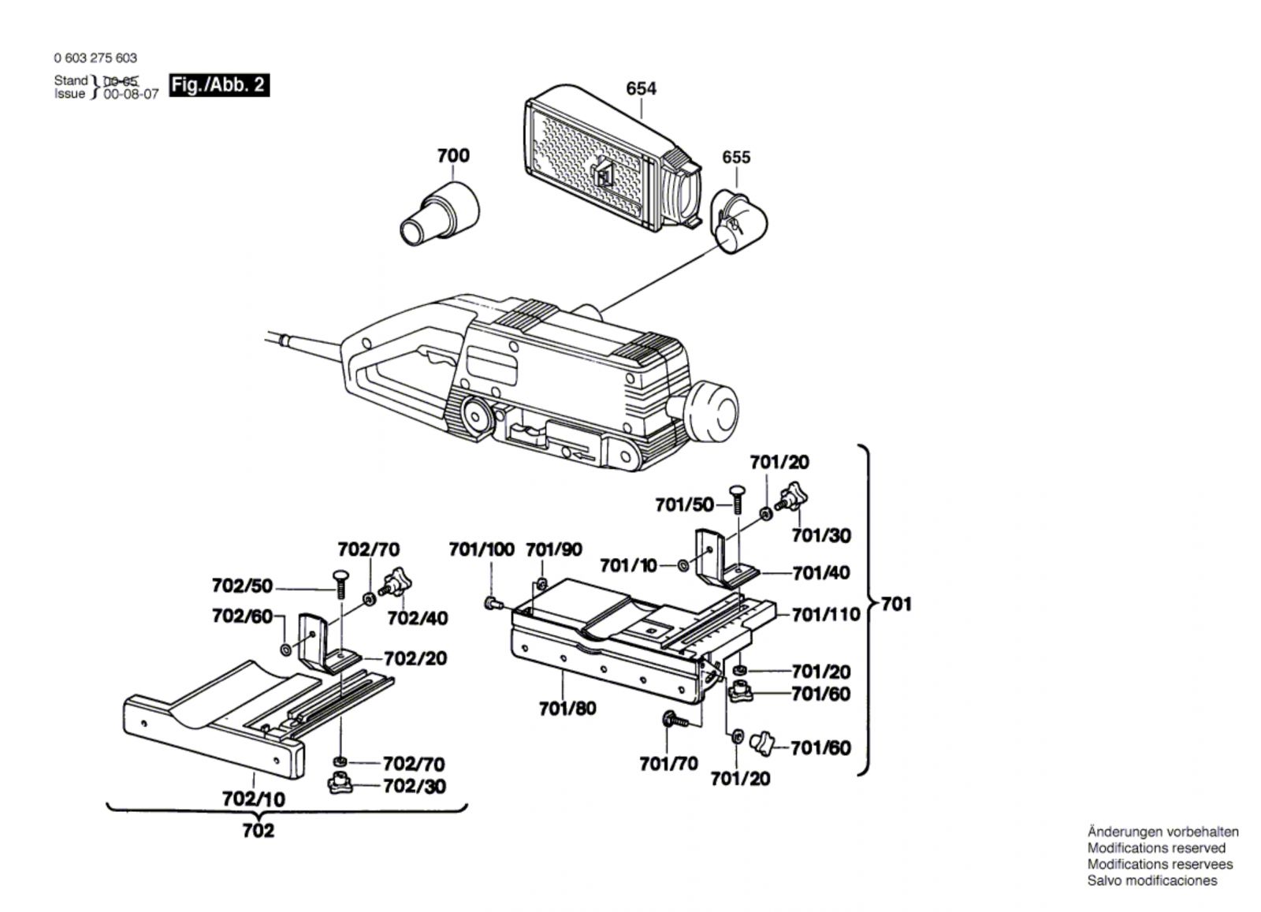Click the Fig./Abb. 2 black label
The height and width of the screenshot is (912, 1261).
coord(219,85)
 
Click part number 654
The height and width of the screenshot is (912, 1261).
coord(641,89)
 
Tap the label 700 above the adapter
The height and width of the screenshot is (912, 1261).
coord(453,155)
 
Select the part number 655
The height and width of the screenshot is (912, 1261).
coord(736,157)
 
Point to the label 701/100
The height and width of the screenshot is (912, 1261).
coord(482,549)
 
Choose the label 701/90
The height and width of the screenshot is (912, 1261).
coord(554,549)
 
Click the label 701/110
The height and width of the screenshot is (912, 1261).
coord(826,614)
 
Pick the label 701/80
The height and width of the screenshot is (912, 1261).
coord(567,709)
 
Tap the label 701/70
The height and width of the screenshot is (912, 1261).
coord(668,764)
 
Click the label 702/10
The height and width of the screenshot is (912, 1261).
coord(254,798)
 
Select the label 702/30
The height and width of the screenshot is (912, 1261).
coord(414,786)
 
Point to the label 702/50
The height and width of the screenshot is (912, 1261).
coord(242,586)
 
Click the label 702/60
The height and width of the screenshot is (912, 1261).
coord(242,616)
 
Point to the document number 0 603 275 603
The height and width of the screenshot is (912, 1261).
coord(95,58)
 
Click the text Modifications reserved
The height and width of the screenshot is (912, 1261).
coord(1156,848)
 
